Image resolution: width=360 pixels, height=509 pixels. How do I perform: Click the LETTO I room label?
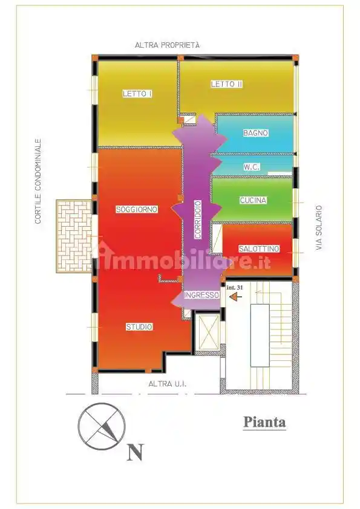[137, 94]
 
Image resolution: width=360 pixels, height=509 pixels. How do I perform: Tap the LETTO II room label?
[226, 84]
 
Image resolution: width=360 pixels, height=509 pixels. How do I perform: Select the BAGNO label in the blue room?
[255, 133]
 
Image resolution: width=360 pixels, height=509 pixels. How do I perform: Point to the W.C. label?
[252, 167]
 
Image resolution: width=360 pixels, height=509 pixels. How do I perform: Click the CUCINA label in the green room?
[254, 200]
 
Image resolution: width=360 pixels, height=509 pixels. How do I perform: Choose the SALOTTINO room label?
[259, 248]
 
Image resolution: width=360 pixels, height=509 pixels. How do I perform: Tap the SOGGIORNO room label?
[137, 209]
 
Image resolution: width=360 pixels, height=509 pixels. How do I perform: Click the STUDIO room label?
[139, 327]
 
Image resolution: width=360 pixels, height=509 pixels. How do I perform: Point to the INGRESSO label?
[201, 295]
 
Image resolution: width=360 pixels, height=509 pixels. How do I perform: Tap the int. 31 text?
[234, 288]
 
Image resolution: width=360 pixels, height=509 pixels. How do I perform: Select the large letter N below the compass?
[136, 452]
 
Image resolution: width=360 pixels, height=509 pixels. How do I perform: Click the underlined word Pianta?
[264, 422]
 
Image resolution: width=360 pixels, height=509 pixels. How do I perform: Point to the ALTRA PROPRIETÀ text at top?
[167, 45]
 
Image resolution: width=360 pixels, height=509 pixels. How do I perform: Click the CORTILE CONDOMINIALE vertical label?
[38, 181]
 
